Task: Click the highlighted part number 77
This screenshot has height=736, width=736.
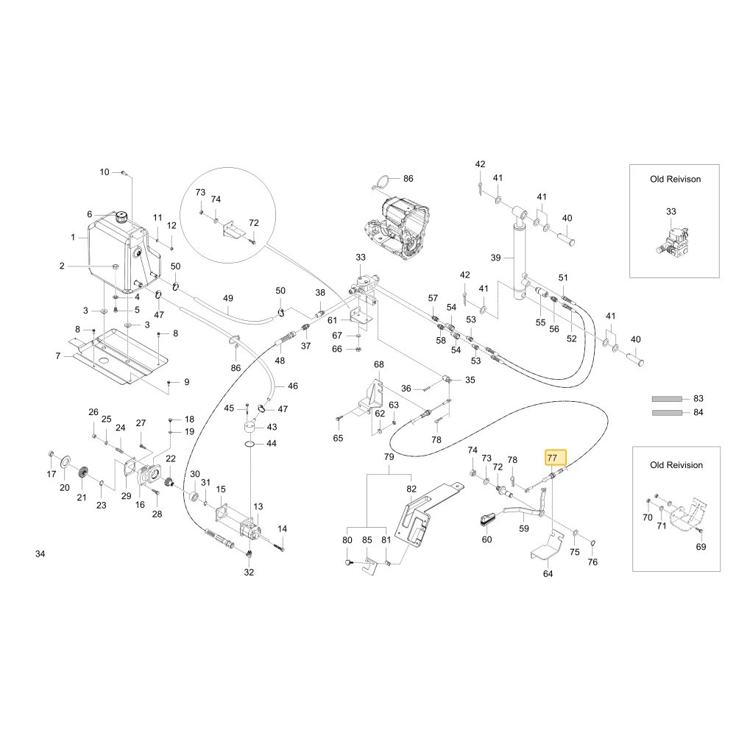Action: (x=552, y=458)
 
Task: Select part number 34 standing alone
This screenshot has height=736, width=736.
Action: (x=40, y=554)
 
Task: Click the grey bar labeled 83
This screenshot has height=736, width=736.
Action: (x=667, y=399)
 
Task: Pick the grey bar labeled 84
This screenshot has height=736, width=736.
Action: (x=667, y=413)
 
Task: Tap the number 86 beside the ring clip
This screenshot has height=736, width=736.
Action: (x=408, y=179)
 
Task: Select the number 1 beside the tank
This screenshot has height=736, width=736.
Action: (x=73, y=238)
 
